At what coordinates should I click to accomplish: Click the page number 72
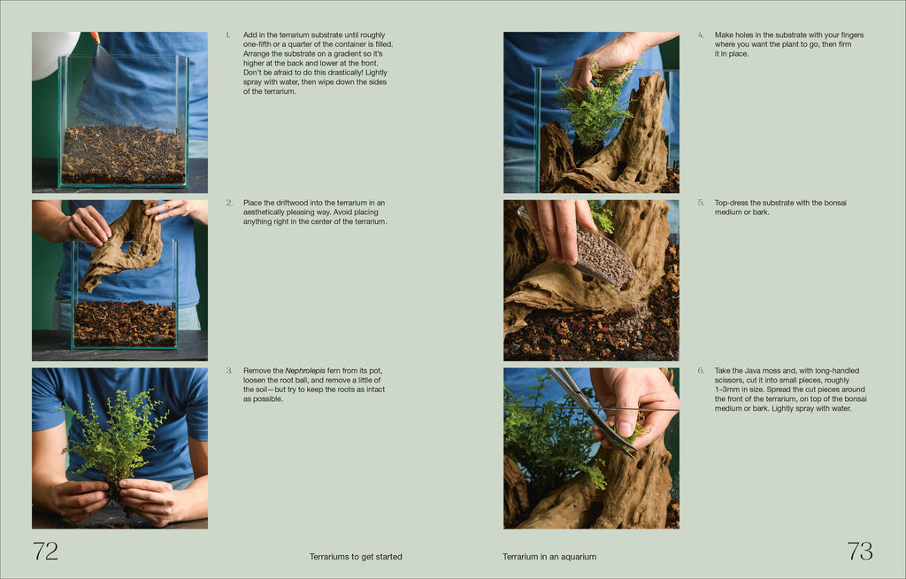[x=45, y=552]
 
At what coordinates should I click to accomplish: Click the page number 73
[x=860, y=552]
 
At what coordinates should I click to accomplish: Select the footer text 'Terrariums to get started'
[x=356, y=557]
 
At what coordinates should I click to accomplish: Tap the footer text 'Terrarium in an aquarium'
[x=549, y=557]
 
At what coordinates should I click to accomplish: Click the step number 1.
[x=227, y=35]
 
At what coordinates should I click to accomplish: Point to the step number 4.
[x=701, y=35]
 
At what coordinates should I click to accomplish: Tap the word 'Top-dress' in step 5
[x=733, y=203]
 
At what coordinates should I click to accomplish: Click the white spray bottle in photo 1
[x=53, y=53]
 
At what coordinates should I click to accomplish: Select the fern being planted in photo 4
[x=593, y=106]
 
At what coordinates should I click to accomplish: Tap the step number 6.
[x=701, y=370]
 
